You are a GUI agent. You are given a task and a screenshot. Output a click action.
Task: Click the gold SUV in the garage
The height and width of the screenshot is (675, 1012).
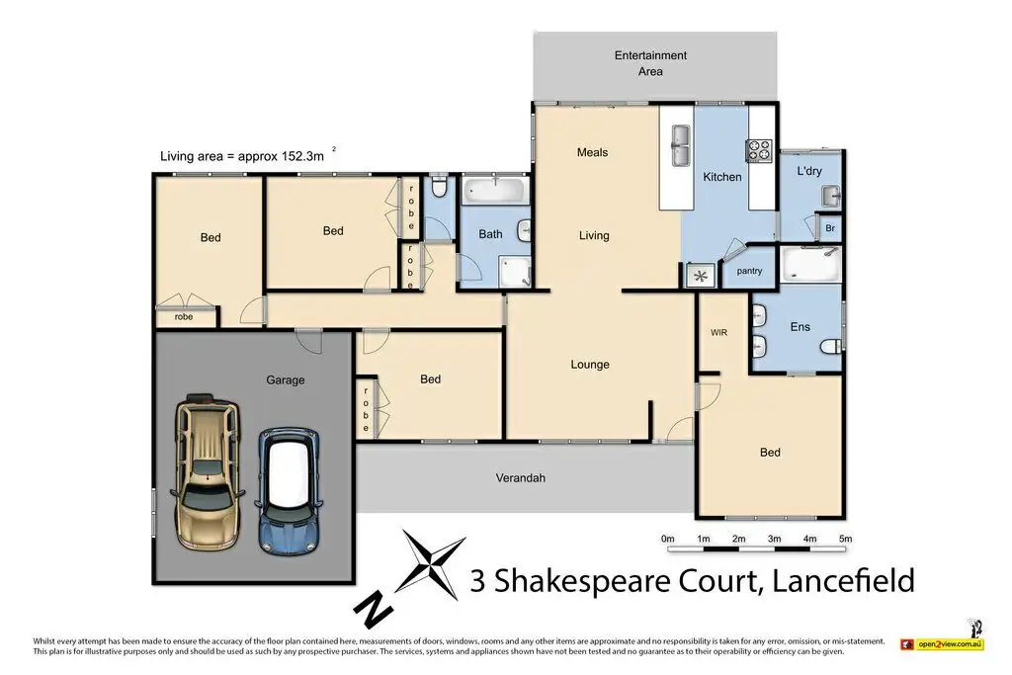[208, 471]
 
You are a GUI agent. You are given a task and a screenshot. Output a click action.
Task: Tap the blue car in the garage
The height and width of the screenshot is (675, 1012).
[289, 490]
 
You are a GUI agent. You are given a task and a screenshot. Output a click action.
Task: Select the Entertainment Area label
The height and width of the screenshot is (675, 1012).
[650, 63]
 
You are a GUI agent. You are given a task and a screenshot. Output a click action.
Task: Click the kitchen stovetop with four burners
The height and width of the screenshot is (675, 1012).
[759, 150]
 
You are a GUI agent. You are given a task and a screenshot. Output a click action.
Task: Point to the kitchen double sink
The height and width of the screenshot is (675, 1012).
[680, 144]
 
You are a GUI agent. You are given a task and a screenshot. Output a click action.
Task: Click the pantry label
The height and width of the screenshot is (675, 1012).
[749, 271]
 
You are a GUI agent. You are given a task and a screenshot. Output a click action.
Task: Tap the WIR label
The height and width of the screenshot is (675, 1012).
[719, 332]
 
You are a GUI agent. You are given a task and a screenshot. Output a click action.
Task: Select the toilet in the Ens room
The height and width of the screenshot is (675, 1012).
[832, 347]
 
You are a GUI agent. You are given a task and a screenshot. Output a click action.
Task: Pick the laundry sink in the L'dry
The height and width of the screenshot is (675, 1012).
[831, 196]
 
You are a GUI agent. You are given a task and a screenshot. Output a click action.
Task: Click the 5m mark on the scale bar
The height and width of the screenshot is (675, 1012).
[845, 539]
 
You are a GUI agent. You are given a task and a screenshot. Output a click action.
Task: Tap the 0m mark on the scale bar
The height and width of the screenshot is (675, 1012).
[667, 539]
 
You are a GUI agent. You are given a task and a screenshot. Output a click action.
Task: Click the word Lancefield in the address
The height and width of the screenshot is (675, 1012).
[844, 580]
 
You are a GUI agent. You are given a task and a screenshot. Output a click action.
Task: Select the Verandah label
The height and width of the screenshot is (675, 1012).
[520, 478]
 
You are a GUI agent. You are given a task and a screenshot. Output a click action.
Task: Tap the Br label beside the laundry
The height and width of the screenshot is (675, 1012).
[830, 228]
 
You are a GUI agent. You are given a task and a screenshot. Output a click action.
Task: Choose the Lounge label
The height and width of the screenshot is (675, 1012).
[590, 365]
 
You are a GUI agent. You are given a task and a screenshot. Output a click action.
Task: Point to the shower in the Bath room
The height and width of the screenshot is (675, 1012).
[514, 271]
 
